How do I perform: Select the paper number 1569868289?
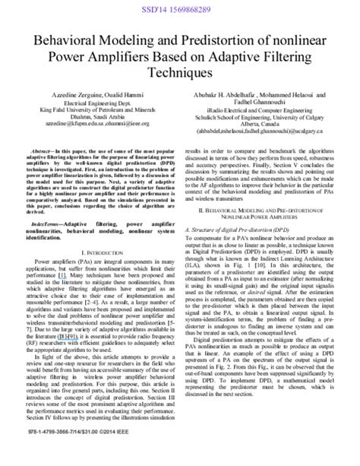click(197, 6)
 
